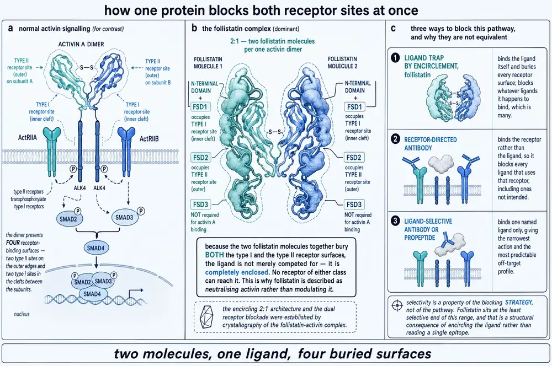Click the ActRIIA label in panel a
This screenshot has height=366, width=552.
click(27, 138)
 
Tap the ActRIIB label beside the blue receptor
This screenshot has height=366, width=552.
click(149, 138)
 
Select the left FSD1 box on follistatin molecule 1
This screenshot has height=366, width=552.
click(200, 106)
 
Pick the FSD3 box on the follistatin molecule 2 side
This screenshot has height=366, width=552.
click(354, 204)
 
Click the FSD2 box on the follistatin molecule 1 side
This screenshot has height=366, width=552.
click(200, 157)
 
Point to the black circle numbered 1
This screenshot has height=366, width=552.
click(395, 57)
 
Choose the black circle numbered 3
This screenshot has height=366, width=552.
click(395, 221)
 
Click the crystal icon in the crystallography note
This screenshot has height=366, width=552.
click(206, 316)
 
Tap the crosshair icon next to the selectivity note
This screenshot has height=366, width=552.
click(397, 305)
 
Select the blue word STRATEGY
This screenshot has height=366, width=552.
click(518, 303)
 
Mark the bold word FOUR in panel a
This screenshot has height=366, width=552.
click(13, 243)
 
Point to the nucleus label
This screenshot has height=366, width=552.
click(22, 314)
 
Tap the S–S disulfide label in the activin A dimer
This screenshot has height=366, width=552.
click(86, 67)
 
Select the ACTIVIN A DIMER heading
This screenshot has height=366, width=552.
click(81, 44)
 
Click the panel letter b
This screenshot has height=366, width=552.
click(194, 28)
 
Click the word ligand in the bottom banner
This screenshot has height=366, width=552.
click(268, 354)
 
